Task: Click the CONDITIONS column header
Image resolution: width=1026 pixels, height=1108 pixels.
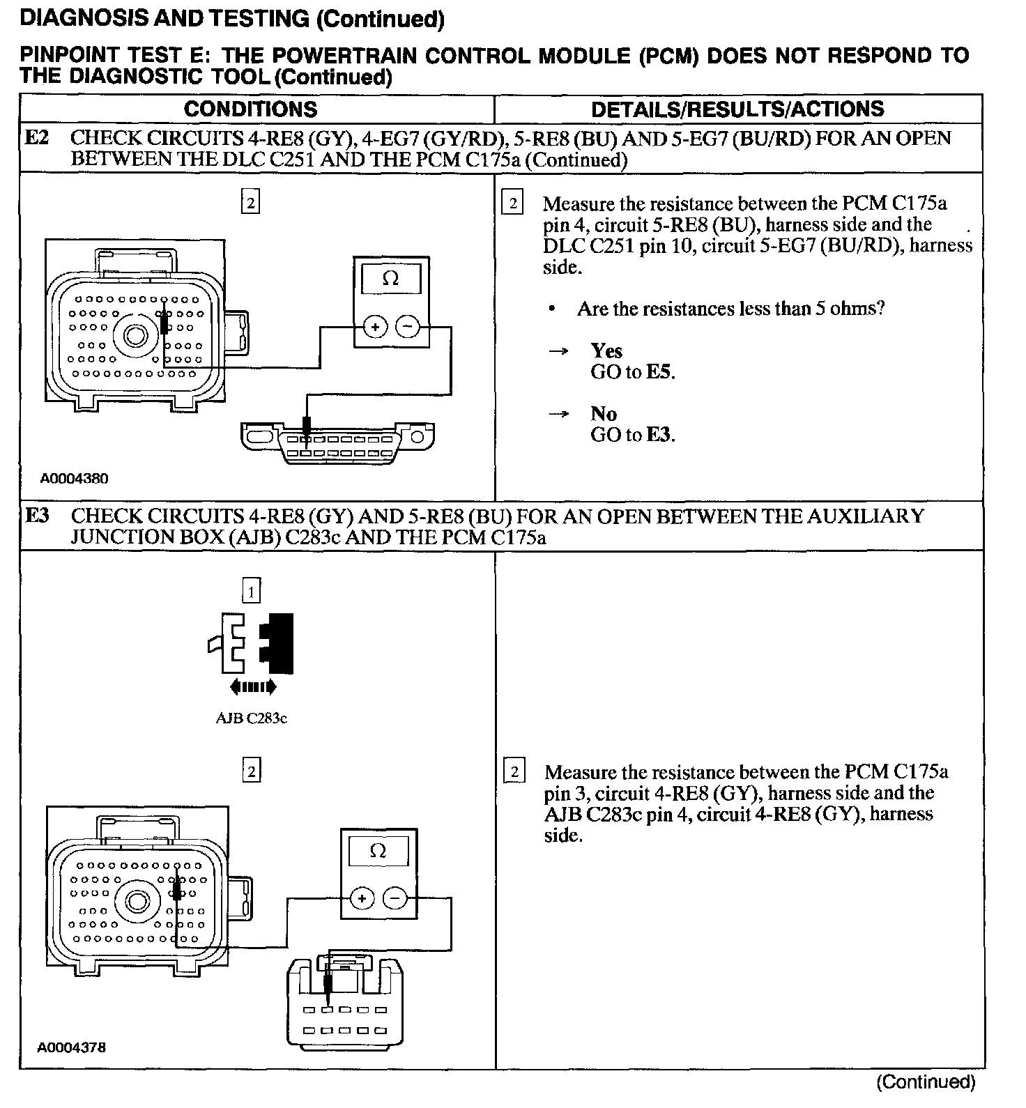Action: [250, 109]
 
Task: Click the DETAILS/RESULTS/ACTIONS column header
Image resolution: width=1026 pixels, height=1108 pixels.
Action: [737, 109]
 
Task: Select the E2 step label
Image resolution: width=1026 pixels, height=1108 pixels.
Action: [37, 138]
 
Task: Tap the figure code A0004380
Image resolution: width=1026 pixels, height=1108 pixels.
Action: [74, 479]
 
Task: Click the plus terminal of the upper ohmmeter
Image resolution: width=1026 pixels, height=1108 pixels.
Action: [375, 326]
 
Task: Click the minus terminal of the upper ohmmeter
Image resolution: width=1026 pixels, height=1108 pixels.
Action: [408, 326]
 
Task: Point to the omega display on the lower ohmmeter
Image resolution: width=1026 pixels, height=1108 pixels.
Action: [378, 851]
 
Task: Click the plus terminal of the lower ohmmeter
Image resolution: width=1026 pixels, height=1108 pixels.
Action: [362, 898]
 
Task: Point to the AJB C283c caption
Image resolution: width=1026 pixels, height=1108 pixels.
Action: [251, 718]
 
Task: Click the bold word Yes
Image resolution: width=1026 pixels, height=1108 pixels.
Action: [606, 351]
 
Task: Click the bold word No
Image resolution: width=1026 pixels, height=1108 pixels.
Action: [604, 413]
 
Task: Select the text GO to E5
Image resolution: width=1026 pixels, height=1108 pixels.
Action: [633, 371]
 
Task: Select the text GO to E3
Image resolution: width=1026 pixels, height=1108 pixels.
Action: [633, 435]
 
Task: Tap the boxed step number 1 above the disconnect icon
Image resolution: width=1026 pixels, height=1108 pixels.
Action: [251, 592]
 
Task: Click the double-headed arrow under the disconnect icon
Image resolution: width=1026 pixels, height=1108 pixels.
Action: [253, 687]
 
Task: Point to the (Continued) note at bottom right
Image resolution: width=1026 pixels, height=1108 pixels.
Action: [926, 1082]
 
